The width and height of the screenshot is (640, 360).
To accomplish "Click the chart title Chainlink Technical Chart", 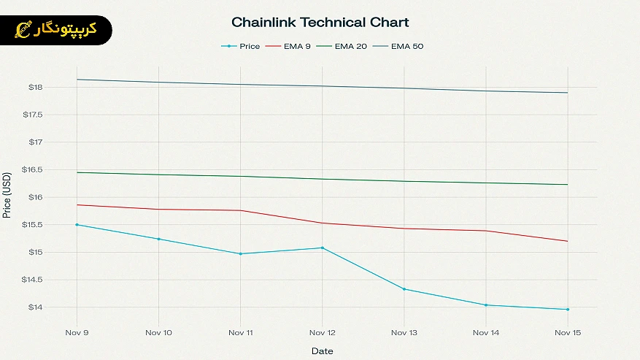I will (x=320, y=23).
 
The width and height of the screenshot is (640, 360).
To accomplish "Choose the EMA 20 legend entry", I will (x=350, y=47).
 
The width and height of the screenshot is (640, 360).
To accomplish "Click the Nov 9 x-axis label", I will (x=77, y=332).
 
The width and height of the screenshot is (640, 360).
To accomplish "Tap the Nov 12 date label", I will (x=322, y=332).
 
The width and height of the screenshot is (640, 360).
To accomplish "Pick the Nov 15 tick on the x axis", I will (x=567, y=332).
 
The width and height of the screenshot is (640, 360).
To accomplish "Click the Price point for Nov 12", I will (x=322, y=248).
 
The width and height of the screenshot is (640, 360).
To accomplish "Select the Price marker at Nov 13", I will (x=404, y=289).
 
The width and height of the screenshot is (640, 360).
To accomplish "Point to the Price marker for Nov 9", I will (x=77, y=225).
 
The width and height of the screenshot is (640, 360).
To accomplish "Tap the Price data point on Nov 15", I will (x=567, y=310).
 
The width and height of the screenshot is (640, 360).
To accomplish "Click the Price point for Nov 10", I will (x=158, y=239).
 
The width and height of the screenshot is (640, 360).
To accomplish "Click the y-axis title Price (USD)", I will (x=7, y=195).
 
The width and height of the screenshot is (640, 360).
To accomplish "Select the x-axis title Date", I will (x=322, y=351).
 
